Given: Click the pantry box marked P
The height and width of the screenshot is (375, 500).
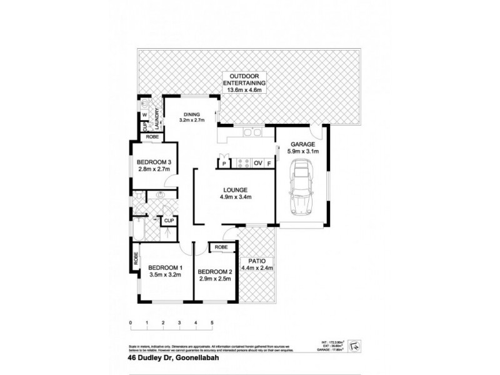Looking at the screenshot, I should [x=223, y=164].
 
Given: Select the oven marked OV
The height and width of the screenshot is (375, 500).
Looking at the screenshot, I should [x=257, y=164].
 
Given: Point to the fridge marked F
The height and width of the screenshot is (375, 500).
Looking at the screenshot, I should [x=269, y=164].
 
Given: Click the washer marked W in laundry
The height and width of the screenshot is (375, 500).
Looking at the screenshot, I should [x=143, y=115].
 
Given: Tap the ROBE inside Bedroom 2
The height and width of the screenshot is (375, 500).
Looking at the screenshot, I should [x=221, y=247].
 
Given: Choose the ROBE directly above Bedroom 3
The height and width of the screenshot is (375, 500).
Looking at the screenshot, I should [x=152, y=137].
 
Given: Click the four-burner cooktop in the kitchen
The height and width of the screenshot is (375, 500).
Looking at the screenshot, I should [x=241, y=164].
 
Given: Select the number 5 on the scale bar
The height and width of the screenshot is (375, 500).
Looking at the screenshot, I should [x=212, y=323].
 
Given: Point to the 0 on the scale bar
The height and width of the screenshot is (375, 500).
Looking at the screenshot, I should [x=131, y=323].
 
